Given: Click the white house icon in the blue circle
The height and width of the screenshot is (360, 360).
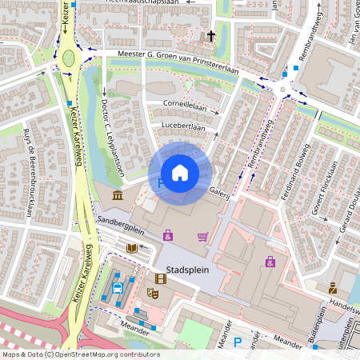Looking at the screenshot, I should click(x=180, y=173).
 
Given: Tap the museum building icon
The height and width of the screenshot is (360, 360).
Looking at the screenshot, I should click(x=118, y=196).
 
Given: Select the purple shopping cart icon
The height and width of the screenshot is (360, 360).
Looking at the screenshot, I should click(x=203, y=236).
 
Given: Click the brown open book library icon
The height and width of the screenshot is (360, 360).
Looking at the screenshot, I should click(x=131, y=248).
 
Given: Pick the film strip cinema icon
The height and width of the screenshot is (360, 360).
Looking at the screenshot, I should click(x=161, y=278).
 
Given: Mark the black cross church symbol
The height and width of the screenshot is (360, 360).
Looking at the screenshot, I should click(x=211, y=36).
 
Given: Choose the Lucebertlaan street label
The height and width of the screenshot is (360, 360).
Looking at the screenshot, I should click(x=182, y=127).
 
